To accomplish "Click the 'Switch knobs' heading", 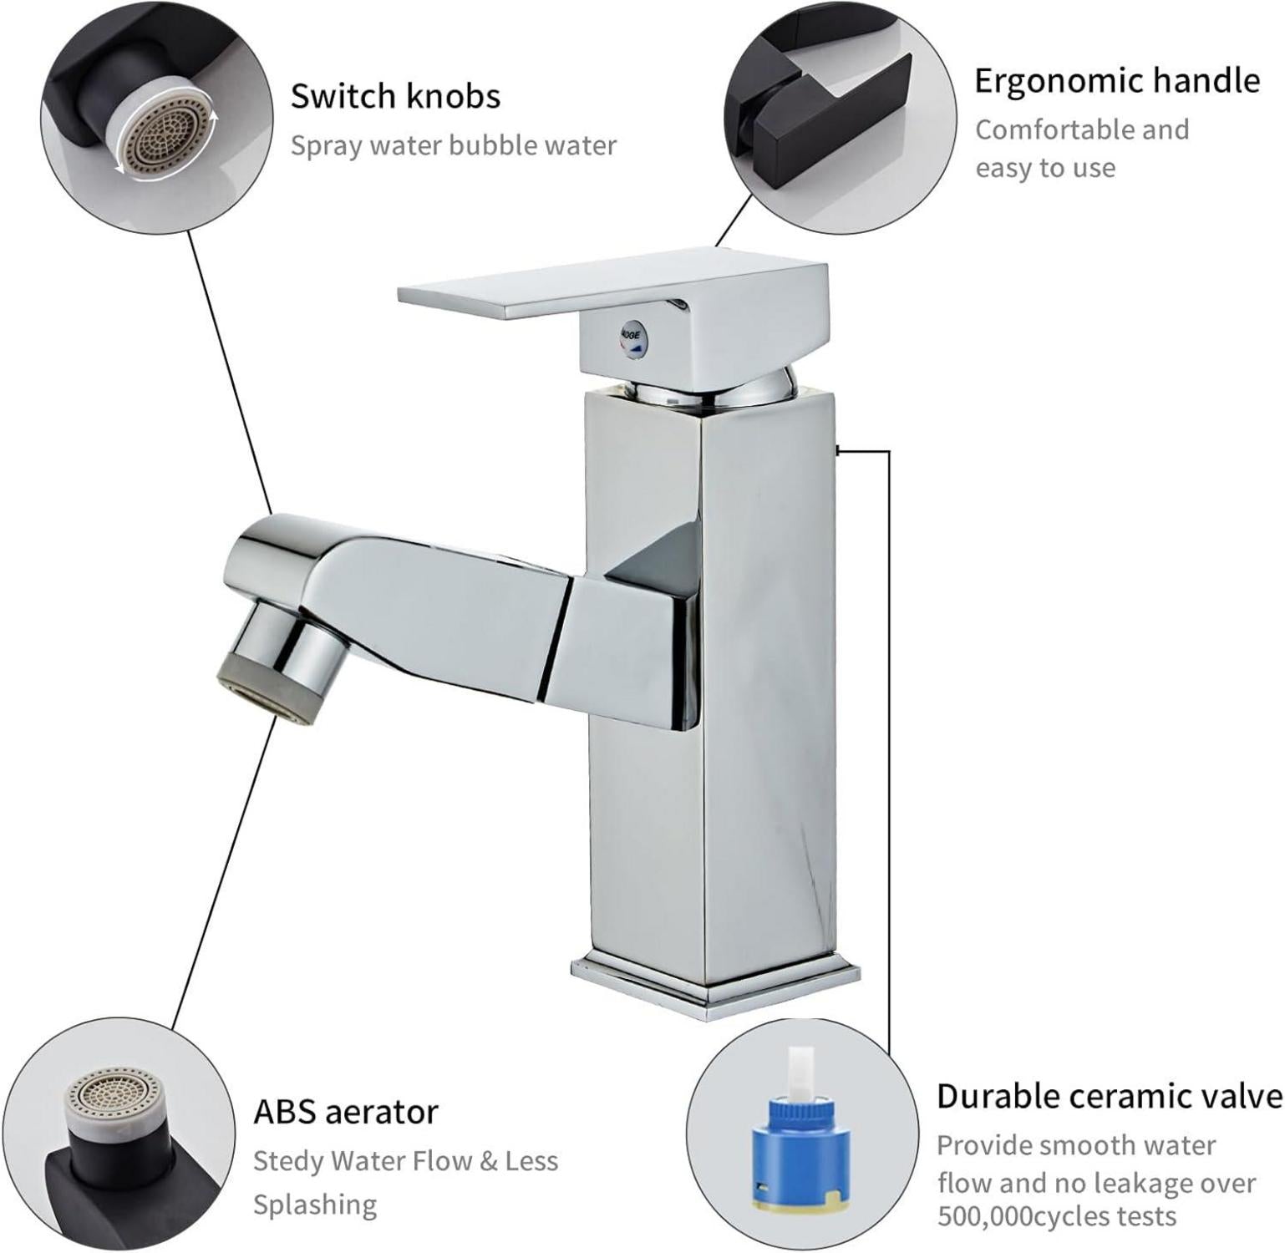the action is point(395,96).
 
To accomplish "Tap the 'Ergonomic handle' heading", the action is point(1117,81).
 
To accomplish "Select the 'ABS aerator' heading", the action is point(346,1112).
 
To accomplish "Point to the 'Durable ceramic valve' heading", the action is point(1110,1096).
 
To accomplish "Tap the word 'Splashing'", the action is point(315,1205).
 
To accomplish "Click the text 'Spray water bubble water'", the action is point(453,146).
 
